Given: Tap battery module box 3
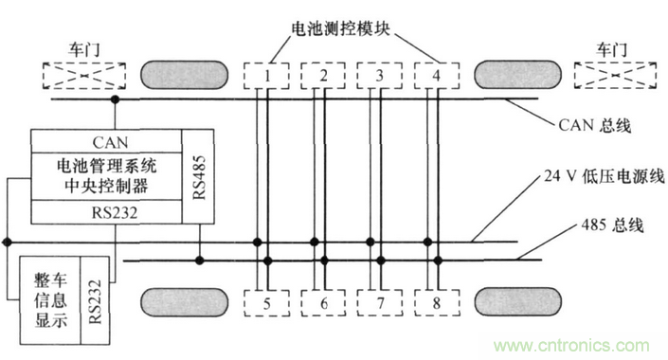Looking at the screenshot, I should [379, 74].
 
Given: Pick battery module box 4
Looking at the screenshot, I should [436, 74].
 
